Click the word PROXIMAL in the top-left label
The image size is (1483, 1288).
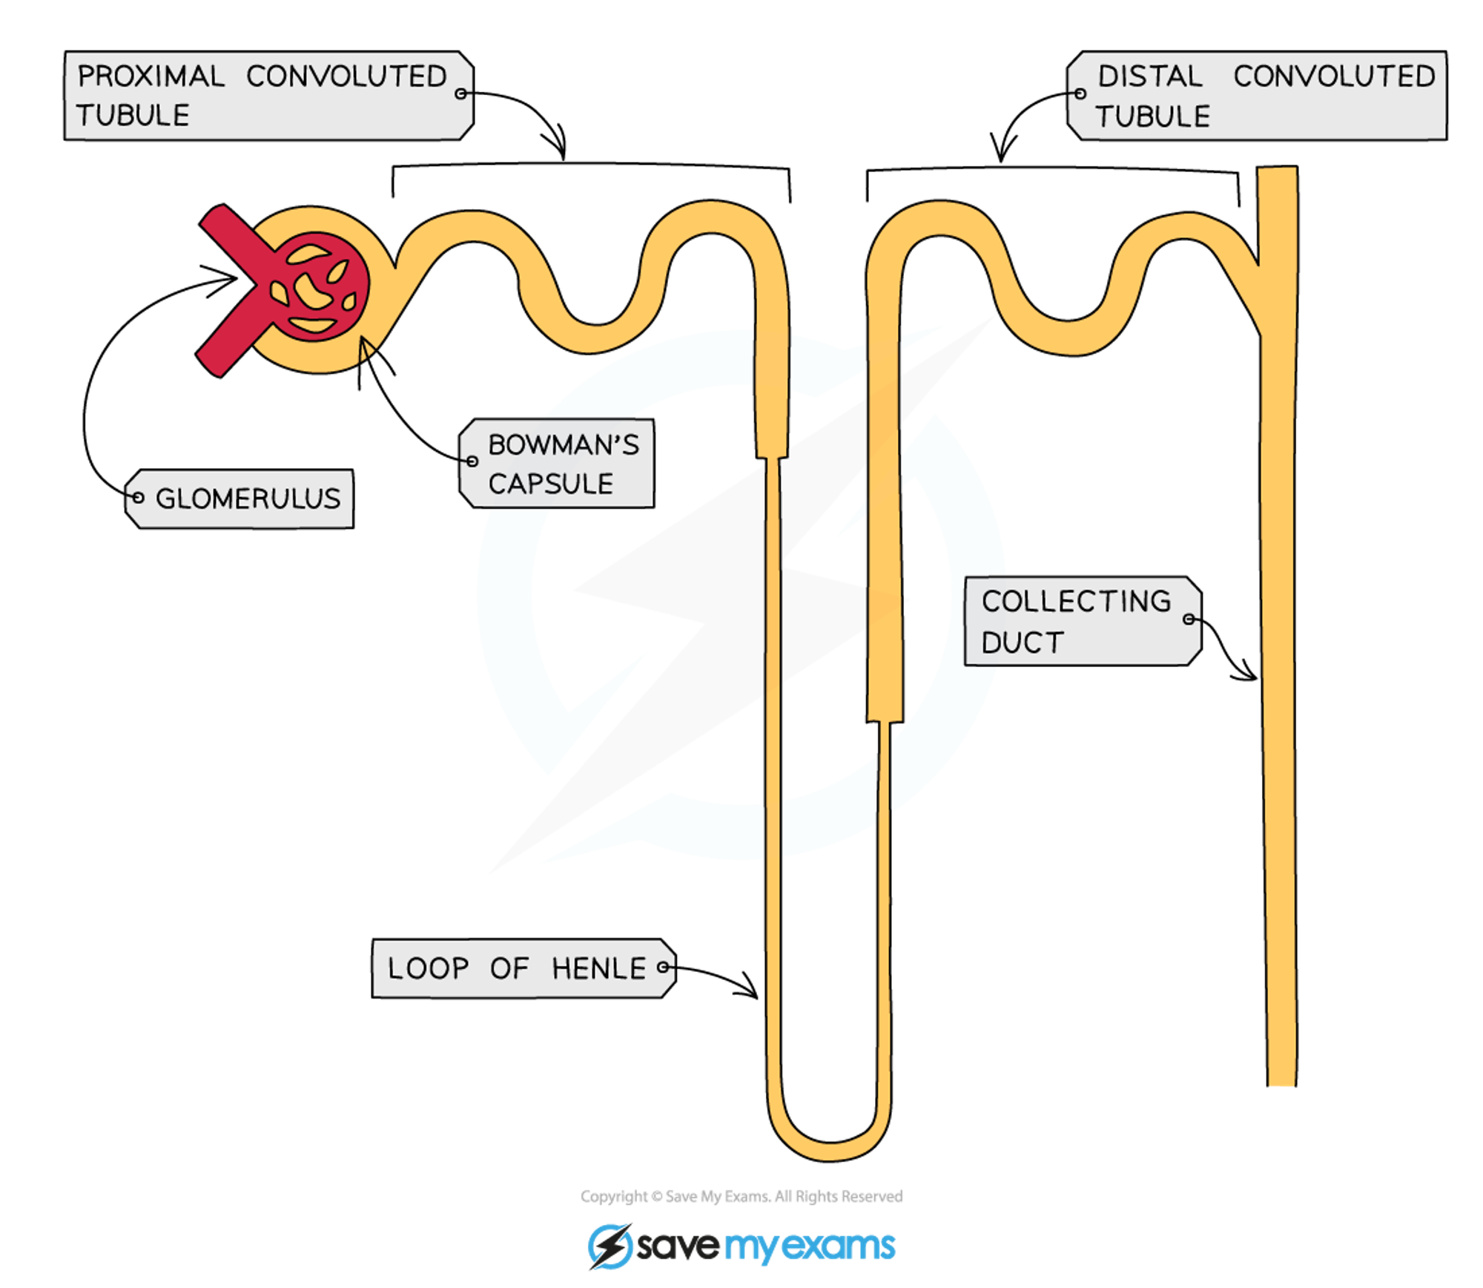[x=151, y=76]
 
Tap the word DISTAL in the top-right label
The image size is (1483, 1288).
[x=1149, y=76]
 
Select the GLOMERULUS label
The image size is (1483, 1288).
[x=247, y=499]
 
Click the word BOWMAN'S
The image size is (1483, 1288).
[x=564, y=445]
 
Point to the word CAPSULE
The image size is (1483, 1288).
[x=551, y=484]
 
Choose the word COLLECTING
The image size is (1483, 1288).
[x=1076, y=602]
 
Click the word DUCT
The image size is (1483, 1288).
[x=1023, y=643]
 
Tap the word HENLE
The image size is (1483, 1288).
[x=598, y=968]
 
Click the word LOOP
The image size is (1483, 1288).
[x=428, y=968]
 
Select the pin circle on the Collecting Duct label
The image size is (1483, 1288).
[x=1189, y=620]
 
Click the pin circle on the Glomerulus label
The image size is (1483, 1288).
[x=137, y=498]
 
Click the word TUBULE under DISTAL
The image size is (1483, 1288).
[x=1153, y=116]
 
